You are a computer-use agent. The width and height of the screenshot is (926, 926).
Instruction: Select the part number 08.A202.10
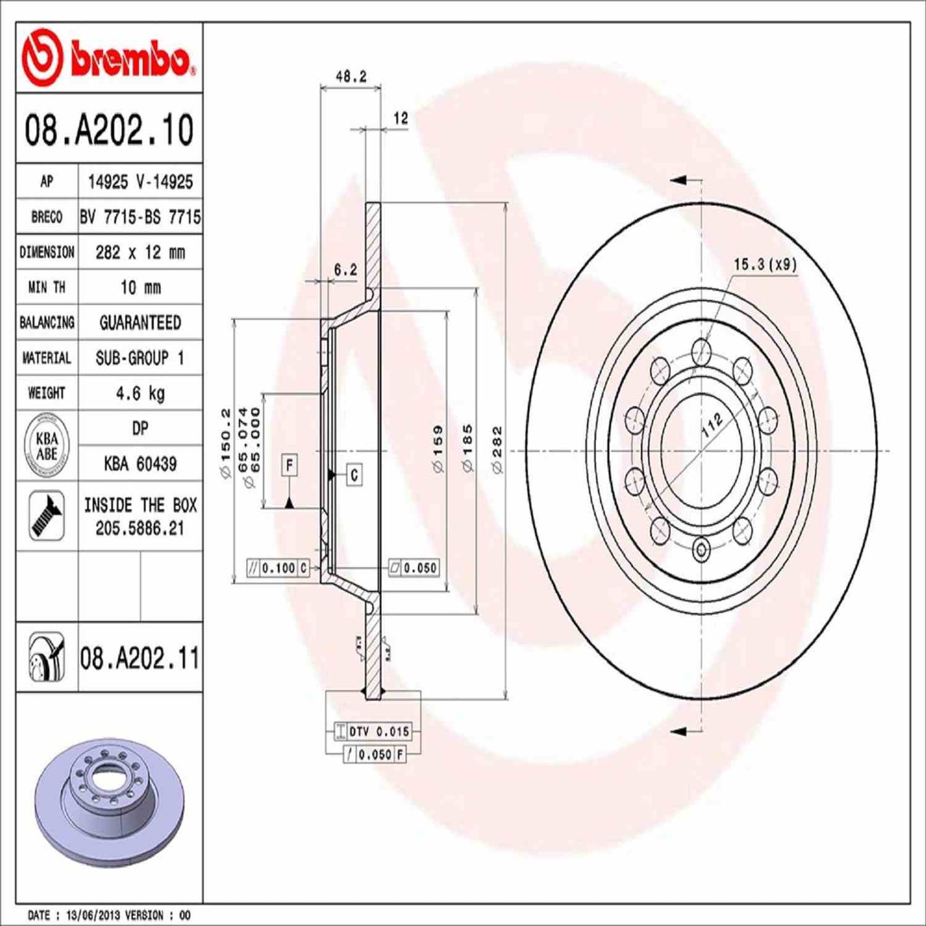[x=109, y=130]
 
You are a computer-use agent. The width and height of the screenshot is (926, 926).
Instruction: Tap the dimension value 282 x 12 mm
[x=140, y=252]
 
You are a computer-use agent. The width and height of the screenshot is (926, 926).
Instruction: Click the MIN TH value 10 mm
[x=140, y=287]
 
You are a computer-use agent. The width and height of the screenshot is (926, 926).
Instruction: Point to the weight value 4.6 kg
[x=140, y=393]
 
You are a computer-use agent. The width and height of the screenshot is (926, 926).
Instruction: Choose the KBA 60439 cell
[x=140, y=463]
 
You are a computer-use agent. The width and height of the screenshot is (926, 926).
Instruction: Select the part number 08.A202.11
[x=140, y=658]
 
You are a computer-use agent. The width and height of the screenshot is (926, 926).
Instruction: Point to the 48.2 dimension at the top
[x=351, y=77]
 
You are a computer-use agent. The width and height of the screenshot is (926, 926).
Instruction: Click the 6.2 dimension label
[x=345, y=270]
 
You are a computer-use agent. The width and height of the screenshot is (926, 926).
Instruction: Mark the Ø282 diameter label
[x=497, y=450]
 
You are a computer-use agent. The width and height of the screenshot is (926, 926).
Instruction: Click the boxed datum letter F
[x=290, y=465]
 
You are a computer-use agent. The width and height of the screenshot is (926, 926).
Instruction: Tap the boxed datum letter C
[x=354, y=475]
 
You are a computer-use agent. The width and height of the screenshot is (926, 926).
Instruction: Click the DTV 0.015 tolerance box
[x=379, y=731]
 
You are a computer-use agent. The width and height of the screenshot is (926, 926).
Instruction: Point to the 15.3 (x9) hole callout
[x=765, y=264]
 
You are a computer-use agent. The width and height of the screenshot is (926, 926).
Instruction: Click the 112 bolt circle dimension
[x=711, y=425]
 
